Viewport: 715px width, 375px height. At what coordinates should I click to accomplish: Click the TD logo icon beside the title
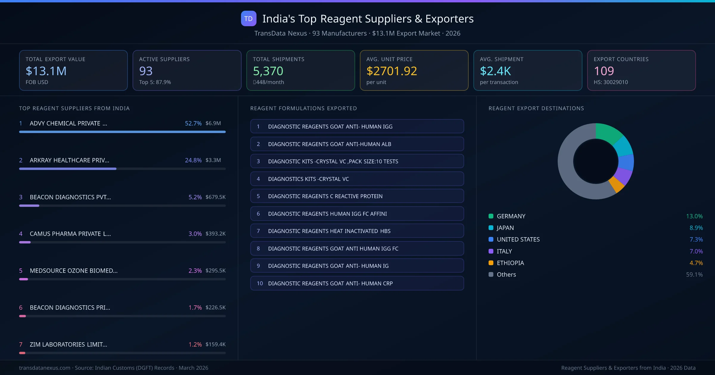tap(248, 19)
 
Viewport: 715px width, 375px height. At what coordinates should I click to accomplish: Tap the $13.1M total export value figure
tap(46, 71)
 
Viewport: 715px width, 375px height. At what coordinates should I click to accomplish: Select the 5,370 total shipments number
tap(268, 71)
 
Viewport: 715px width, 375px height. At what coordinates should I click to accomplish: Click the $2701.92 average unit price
tap(391, 71)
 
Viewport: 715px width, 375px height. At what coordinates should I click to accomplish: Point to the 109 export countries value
tap(604, 71)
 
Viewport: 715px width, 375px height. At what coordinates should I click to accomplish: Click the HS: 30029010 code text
tap(610, 82)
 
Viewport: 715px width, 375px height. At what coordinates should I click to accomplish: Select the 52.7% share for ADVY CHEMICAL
tap(193, 123)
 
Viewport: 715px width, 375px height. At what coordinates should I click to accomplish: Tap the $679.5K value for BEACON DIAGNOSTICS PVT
tap(215, 197)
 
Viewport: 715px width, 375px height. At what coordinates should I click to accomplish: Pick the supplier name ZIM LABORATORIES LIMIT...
tap(68, 344)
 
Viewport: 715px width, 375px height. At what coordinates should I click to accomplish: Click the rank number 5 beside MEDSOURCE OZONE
tap(21, 271)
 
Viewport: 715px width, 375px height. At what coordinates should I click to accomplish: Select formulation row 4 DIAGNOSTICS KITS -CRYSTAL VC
tap(357, 179)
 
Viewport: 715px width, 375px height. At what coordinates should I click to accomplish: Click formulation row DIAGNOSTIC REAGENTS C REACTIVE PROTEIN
tap(357, 196)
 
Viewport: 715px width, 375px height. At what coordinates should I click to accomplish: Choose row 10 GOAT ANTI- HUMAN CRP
tap(357, 283)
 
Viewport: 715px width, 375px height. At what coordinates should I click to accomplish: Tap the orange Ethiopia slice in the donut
tap(616, 185)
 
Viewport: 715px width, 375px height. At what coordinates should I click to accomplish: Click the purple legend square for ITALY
tap(491, 251)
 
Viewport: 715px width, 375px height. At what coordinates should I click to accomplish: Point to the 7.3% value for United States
tap(696, 240)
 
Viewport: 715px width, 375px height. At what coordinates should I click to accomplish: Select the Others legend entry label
tap(506, 274)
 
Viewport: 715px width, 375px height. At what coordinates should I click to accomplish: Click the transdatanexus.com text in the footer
tap(45, 368)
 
